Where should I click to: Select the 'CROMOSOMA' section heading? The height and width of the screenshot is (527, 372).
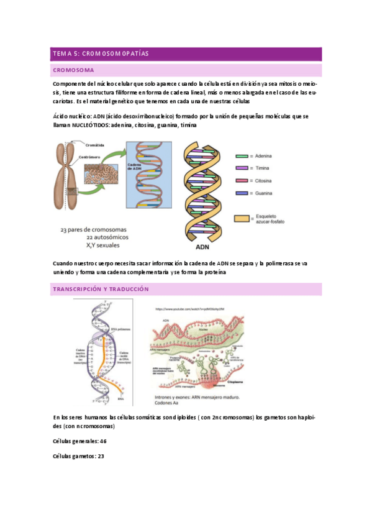73,70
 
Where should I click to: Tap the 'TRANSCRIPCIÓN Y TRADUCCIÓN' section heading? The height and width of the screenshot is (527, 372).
101,290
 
